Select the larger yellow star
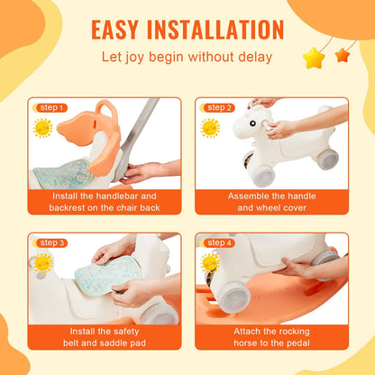tap(313, 59)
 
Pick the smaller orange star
tap(342, 55)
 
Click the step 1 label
tap(50, 107)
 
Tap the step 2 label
tap(219, 107)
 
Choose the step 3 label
tap(50, 242)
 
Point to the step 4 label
tap(219, 242)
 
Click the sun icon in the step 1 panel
tap(43, 127)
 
